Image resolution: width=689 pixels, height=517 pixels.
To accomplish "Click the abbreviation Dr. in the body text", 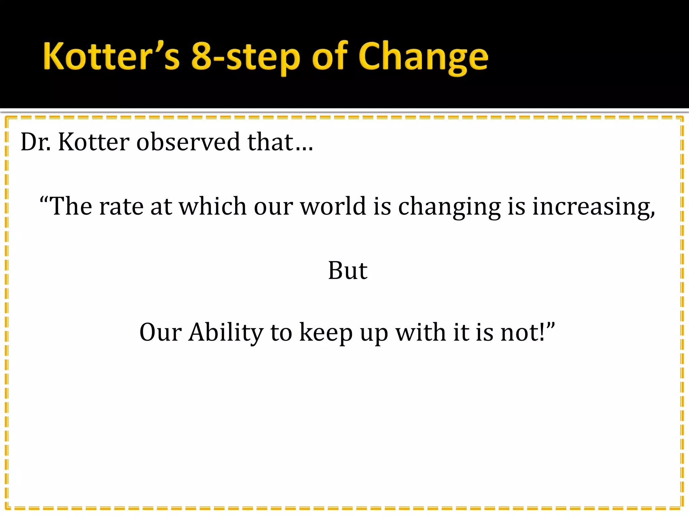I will point(36,142).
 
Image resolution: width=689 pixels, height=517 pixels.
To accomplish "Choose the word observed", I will point(188,142).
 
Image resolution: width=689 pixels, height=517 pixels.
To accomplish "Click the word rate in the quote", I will point(121,206).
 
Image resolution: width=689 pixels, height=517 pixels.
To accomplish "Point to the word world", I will point(333,206).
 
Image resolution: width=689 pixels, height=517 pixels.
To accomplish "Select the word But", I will point(348,270).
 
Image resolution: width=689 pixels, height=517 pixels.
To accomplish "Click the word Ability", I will point(226,332).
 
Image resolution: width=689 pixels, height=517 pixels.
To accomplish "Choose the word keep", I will point(326,333).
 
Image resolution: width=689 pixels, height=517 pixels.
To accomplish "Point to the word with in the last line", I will point(421,332).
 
